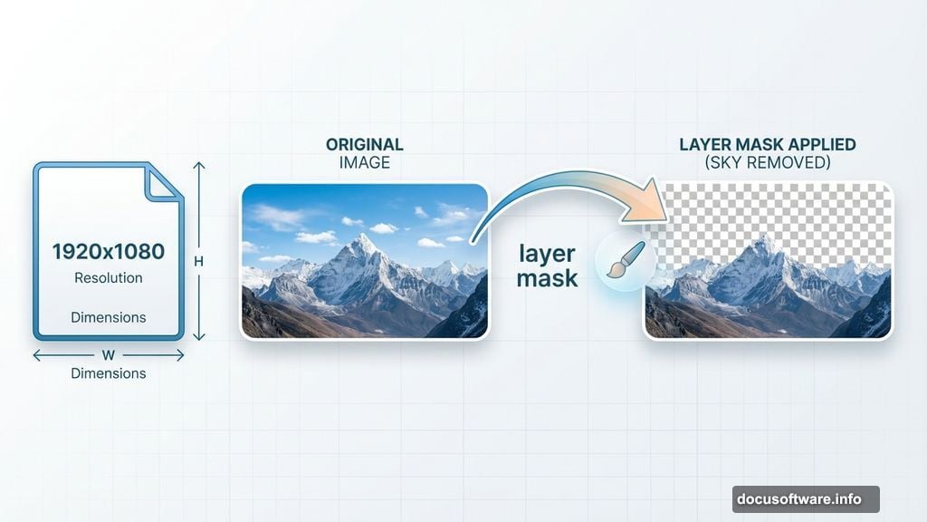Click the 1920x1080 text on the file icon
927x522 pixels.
[x=109, y=251]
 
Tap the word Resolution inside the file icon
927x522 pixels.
[x=109, y=277]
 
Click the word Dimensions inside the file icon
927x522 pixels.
[x=109, y=317]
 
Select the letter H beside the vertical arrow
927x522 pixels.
[x=199, y=261]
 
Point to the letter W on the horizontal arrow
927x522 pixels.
[x=109, y=355]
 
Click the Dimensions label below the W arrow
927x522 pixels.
[x=109, y=372]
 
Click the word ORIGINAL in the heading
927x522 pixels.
[x=365, y=145]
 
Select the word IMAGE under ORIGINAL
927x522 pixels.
[x=365, y=162]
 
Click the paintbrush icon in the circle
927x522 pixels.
[x=625, y=260]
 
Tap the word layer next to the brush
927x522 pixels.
[x=547, y=253]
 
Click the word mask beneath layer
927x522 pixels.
[x=547, y=277]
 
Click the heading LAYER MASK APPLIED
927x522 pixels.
[x=768, y=145]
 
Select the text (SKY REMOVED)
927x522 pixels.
[x=768, y=162]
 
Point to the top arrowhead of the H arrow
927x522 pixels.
[x=200, y=165]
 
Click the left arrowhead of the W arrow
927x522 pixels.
[x=36, y=355]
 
